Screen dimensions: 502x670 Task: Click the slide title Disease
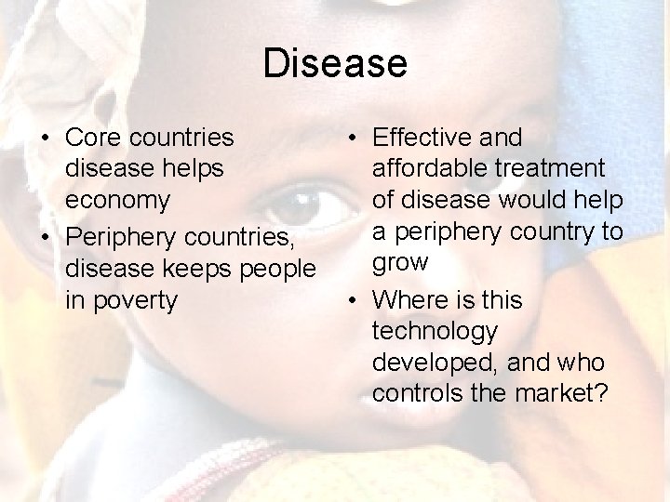(x=335, y=64)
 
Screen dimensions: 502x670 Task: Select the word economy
(x=117, y=199)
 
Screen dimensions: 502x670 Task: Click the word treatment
(x=555, y=168)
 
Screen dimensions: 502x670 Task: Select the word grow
(x=400, y=263)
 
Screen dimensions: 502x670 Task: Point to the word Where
(x=413, y=300)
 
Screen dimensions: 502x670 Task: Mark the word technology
(x=435, y=332)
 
